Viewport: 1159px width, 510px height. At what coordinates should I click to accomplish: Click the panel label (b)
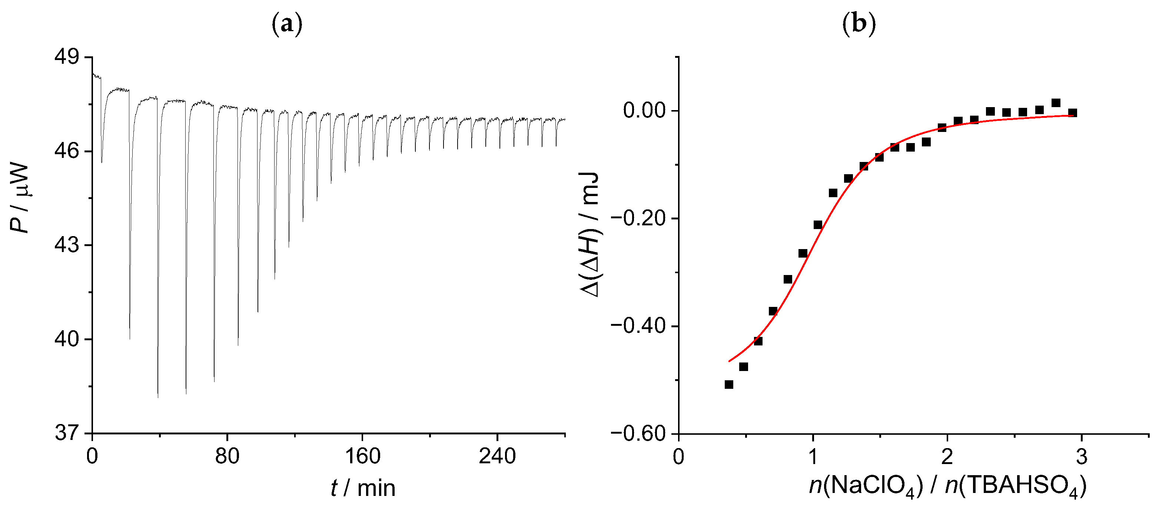coord(859,24)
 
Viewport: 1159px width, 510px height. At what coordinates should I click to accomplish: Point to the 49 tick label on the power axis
coord(67,57)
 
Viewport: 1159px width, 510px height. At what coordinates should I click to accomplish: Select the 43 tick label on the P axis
coord(67,245)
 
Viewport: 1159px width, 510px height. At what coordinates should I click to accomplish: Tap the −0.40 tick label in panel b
coord(638,326)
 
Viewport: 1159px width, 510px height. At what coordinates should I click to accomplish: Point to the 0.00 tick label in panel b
coord(644,110)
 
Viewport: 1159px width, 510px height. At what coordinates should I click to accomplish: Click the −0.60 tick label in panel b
coord(638,434)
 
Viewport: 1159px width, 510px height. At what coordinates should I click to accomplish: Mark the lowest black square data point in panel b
coord(729,384)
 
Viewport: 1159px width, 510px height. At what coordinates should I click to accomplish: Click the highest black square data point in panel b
coord(1056,103)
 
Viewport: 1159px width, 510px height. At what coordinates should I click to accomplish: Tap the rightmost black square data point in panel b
coord(1073,113)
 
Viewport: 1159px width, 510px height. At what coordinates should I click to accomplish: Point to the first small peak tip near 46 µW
coord(102,162)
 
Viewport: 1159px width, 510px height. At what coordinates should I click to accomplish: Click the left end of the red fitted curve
coord(729,361)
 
